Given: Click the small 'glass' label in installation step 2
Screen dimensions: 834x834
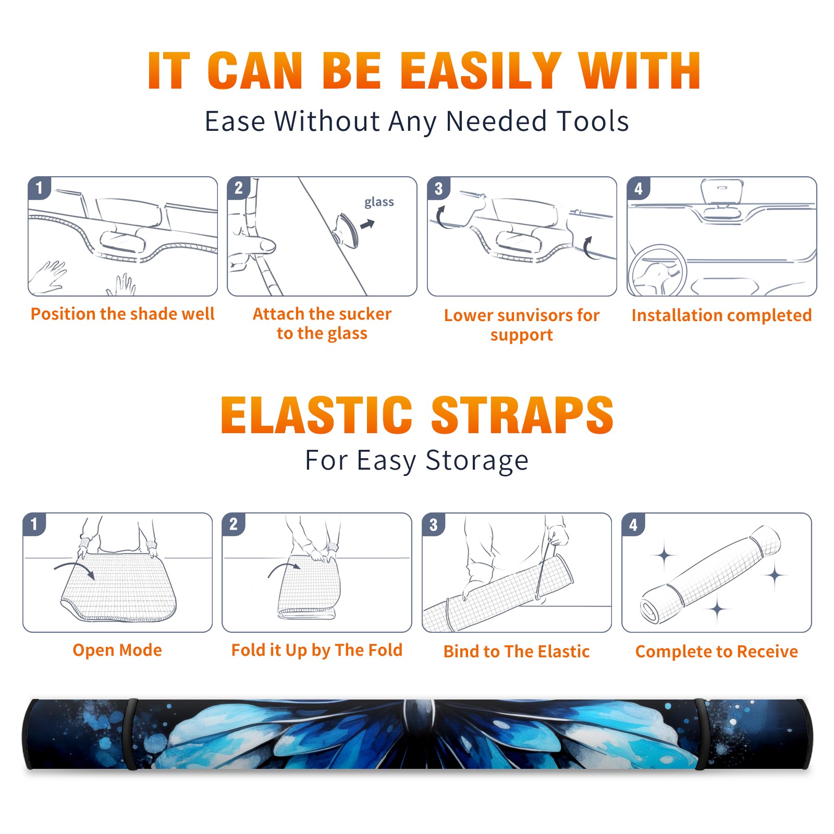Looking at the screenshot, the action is tap(379, 202).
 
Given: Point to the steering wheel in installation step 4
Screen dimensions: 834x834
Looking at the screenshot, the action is tap(657, 271).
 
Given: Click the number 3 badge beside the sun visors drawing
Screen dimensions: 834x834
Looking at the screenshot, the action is tap(438, 188).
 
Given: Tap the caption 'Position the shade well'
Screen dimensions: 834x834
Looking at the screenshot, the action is tap(122, 314).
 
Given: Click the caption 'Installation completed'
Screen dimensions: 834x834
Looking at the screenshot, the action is tap(721, 315).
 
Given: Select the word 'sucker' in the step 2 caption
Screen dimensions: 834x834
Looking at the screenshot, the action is tap(364, 314).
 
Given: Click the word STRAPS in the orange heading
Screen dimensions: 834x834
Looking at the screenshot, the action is tap(522, 415).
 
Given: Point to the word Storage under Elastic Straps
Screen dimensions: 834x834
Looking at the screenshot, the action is tap(477, 461).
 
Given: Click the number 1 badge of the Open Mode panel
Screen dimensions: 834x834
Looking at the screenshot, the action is tap(34, 524).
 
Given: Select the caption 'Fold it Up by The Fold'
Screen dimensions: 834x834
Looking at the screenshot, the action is tap(317, 651).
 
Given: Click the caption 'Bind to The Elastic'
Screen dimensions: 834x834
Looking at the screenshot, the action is tap(517, 652).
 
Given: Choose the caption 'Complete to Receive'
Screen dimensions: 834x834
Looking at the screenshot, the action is tap(717, 652).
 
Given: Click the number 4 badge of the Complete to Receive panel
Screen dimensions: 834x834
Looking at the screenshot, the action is tap(633, 524).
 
